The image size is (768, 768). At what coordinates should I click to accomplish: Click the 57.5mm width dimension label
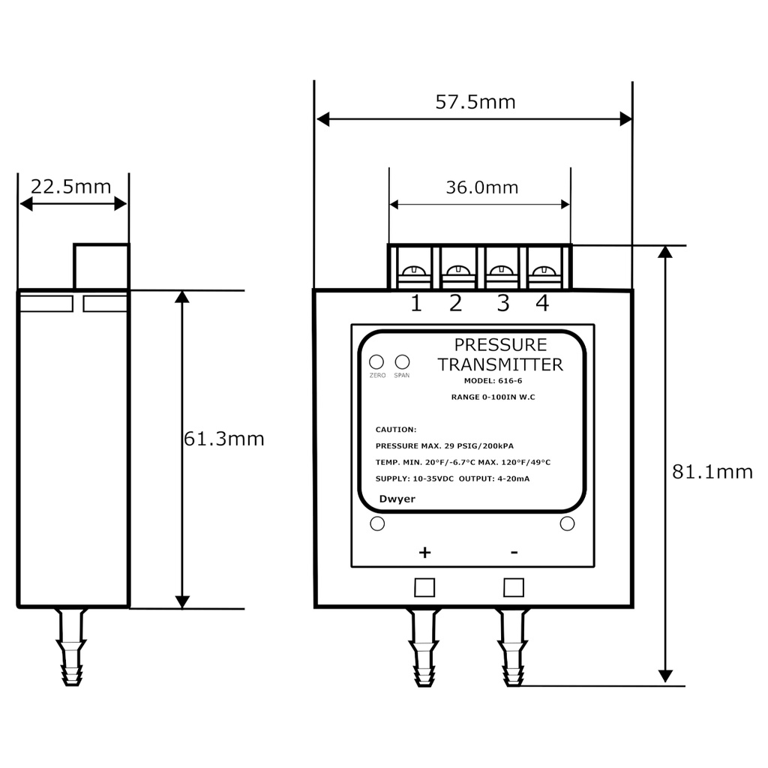[x=475, y=102]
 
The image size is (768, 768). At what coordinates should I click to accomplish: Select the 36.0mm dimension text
[x=482, y=187]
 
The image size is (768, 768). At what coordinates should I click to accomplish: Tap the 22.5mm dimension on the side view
[x=70, y=186]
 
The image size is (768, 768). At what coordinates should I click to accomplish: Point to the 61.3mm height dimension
[x=224, y=439]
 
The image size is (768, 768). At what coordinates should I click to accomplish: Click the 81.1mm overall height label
[x=712, y=472]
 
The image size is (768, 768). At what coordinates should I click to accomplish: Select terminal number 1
[x=415, y=304]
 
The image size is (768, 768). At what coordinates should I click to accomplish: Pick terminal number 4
[x=542, y=304]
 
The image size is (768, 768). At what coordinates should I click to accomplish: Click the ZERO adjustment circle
[x=377, y=361]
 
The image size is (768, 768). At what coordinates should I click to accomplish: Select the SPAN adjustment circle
[x=402, y=361]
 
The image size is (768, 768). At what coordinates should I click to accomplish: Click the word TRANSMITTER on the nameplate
[x=500, y=365]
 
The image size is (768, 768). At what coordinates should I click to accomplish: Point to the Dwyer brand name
[x=397, y=499]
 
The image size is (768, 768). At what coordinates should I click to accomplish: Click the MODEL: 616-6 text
[x=493, y=381]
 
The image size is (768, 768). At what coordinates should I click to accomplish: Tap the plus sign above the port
[x=424, y=553]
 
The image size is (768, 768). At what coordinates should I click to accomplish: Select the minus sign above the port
[x=514, y=553]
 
